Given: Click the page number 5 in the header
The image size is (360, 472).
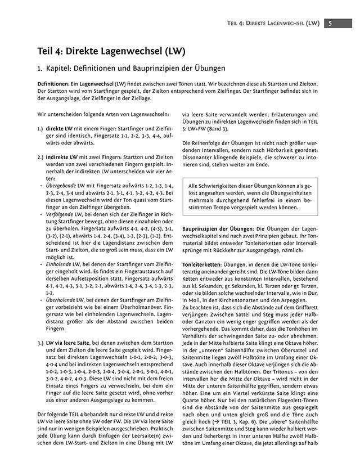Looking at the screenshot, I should (x=330, y=23).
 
